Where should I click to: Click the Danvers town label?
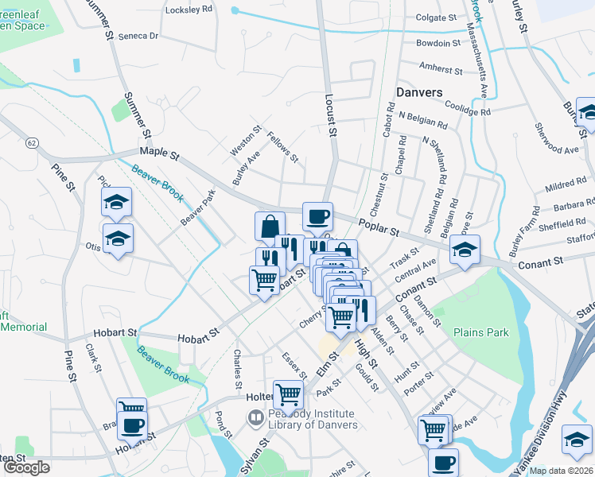tap(419, 92)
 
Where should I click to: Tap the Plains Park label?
tap(480, 332)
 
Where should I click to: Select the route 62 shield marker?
tap(31, 142)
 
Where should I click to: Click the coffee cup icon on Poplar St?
tap(317, 215)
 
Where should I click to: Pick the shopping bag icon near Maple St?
tap(270, 225)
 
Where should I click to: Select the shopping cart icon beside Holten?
tap(288, 393)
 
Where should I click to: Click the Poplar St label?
tap(378, 228)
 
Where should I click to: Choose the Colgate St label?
tap(435, 17)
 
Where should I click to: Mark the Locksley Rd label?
tap(189, 10)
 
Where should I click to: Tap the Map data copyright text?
tap(560, 471)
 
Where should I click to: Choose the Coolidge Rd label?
tap(468, 111)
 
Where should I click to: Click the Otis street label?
tap(93, 246)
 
